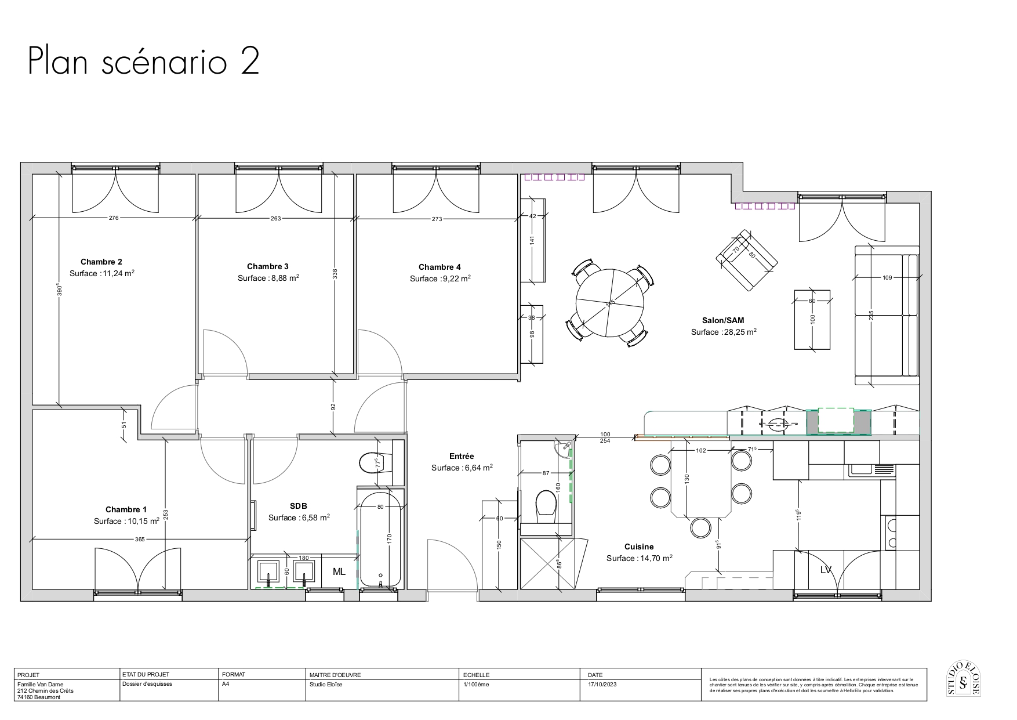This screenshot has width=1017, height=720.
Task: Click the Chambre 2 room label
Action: point(101,262)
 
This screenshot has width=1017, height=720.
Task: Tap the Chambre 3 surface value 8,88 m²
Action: point(284,278)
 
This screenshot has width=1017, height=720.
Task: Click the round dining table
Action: point(609,302)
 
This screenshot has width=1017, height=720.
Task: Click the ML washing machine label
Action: point(339,572)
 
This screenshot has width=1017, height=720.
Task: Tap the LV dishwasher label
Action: point(826,570)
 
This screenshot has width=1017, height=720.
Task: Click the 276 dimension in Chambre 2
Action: point(114,218)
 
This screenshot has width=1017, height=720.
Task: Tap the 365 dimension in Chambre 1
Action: point(140,540)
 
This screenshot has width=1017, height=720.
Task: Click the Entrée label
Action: point(462,457)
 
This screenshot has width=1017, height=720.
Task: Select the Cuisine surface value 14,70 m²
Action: point(656,558)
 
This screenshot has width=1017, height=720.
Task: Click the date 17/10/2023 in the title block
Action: point(602,684)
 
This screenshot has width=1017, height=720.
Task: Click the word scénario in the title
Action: point(163,63)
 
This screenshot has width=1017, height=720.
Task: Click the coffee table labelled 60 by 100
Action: point(812,320)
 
